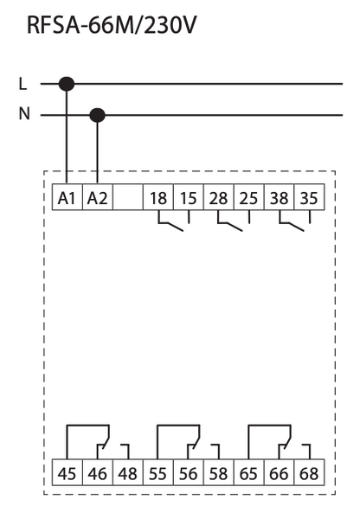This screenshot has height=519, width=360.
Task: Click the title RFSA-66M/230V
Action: pos(112,25)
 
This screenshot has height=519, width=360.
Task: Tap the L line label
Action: pos(22,84)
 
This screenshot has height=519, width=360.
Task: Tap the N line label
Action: pos(24,114)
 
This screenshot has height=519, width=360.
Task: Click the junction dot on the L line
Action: pos(67,84)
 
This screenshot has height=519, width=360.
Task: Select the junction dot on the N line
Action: pos(98,116)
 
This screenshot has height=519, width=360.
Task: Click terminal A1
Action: pos(67,197)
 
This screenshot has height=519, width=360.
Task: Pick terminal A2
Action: pos(98,197)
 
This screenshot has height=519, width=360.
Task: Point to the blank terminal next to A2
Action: pos(128,197)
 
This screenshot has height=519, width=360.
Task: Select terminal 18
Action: pos(158,197)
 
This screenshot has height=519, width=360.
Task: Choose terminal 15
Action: pos(189,197)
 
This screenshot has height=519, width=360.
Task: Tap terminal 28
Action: pos(219,197)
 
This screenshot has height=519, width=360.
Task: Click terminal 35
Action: pos(309,197)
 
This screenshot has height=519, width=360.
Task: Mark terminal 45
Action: pos(67,472)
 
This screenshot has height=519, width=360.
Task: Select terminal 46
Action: pos(98,472)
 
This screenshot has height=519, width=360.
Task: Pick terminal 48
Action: pos(128,472)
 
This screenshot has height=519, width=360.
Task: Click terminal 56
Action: pos(189,472)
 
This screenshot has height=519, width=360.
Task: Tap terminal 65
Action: pos(248,472)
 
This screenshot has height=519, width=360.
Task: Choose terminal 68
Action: pos(309,472)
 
